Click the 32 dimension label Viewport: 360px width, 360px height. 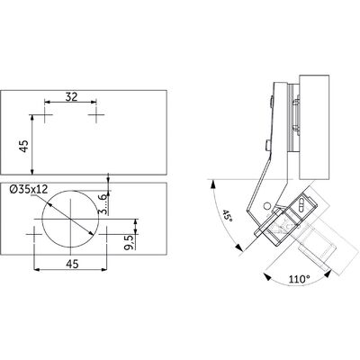point(71,96)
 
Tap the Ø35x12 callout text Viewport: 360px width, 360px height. point(29,189)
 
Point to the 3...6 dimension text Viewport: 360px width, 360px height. point(103,203)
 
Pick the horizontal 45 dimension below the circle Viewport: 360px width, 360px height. point(72,264)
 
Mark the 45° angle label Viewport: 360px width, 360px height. point(227,216)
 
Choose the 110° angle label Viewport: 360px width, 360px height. point(299,279)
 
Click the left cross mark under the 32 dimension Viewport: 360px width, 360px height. point(45,114)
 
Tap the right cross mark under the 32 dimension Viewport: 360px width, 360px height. point(96,114)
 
